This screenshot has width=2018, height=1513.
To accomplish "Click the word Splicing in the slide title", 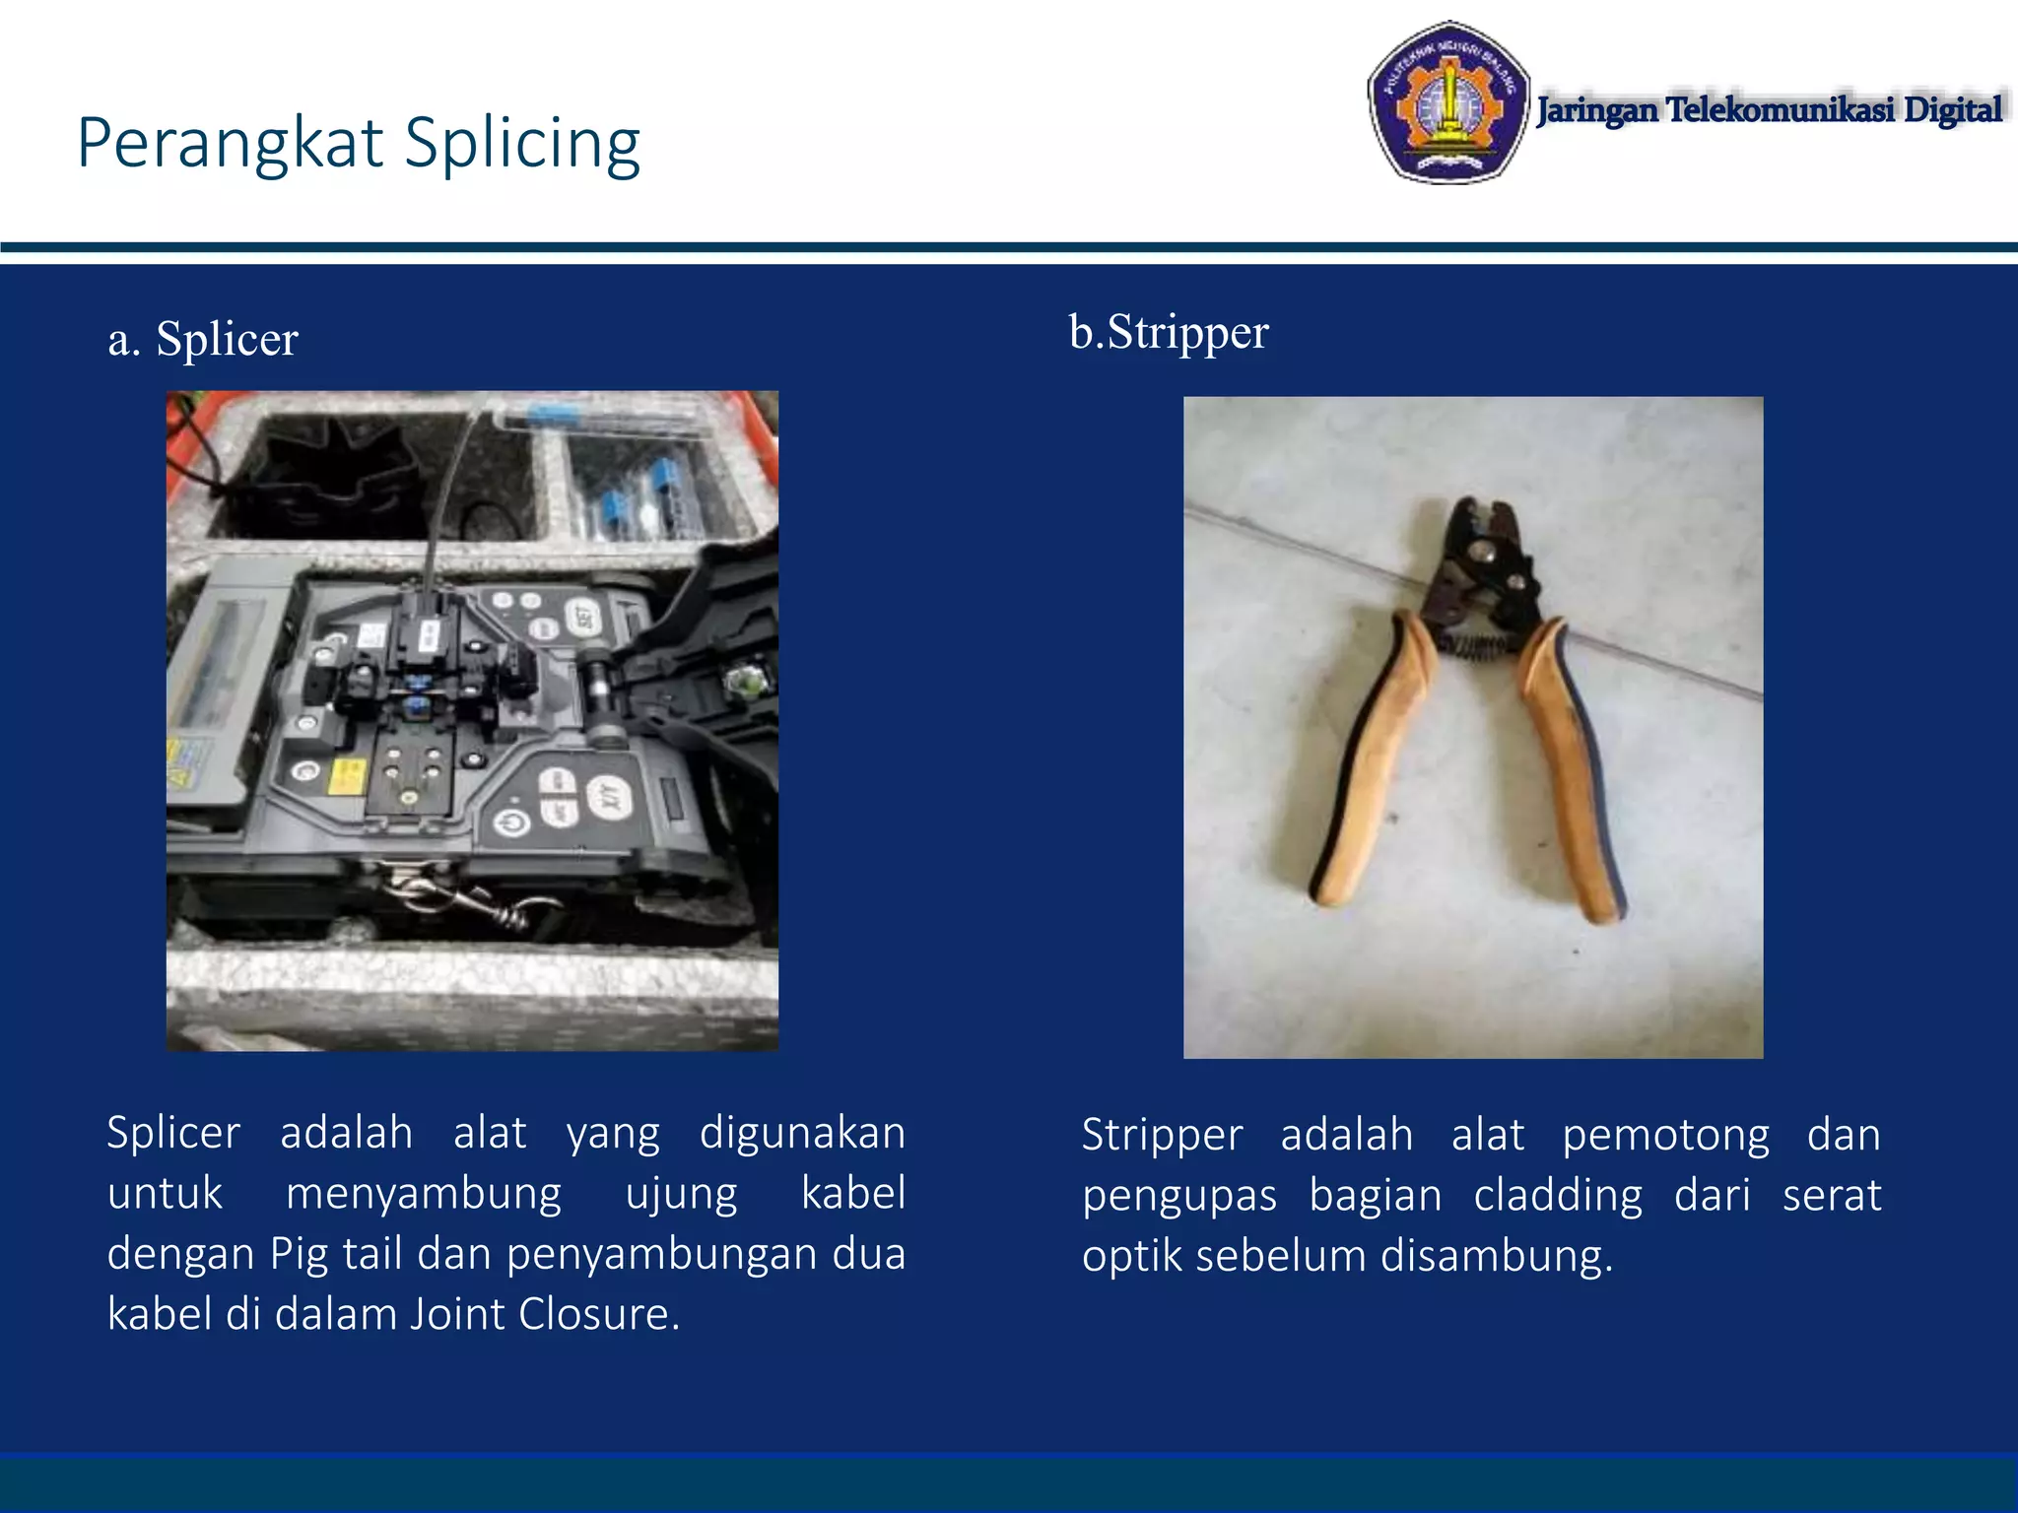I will coord(522,145).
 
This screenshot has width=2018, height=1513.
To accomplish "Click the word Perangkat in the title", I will coord(230,145).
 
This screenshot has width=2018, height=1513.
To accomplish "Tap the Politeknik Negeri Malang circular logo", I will coord(1447,103).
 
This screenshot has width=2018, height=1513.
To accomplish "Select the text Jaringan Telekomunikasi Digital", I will coord(1770,109).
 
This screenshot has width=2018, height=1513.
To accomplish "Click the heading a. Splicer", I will coord(203,340).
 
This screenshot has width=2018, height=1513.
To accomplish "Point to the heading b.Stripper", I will coord(1169,333).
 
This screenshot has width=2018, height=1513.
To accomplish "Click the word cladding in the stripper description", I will coord(1558,1196).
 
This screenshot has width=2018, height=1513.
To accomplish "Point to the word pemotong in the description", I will coord(1665,1136).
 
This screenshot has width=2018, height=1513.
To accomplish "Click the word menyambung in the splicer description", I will coord(424,1195).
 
